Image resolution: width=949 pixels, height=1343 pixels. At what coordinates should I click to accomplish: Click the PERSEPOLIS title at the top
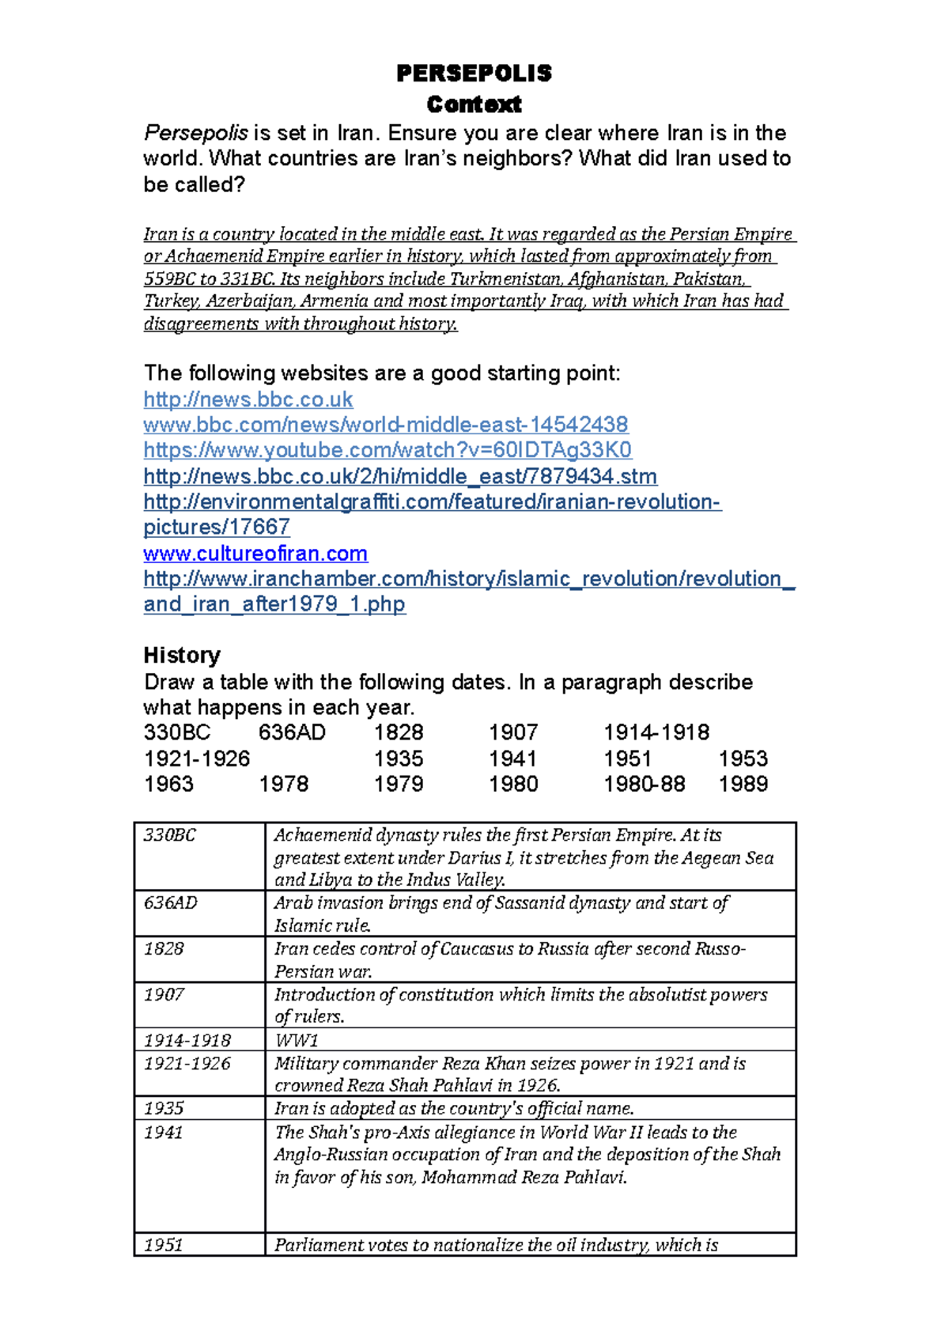pyautogui.click(x=474, y=74)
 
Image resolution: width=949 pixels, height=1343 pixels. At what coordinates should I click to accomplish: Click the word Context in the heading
pyautogui.click(x=474, y=104)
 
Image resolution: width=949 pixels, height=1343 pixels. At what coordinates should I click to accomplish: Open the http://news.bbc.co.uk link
pyautogui.click(x=248, y=399)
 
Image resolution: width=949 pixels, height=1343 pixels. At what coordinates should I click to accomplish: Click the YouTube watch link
pyautogui.click(x=388, y=450)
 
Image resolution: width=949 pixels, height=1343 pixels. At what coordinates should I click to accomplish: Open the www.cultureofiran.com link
pyautogui.click(x=255, y=553)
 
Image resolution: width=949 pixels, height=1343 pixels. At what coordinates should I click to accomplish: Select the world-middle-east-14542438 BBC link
pyautogui.click(x=385, y=425)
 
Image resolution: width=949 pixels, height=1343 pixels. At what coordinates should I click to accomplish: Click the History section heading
pyautogui.click(x=182, y=655)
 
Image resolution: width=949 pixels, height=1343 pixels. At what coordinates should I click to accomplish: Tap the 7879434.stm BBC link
pyautogui.click(x=400, y=476)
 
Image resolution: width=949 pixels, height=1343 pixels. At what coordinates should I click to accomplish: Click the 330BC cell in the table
pyautogui.click(x=170, y=835)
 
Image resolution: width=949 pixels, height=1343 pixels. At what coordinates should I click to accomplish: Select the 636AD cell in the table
pyautogui.click(x=171, y=903)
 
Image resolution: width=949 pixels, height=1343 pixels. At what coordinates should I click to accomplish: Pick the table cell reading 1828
pyautogui.click(x=164, y=948)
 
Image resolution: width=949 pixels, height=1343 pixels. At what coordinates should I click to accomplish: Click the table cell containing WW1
pyautogui.click(x=297, y=1040)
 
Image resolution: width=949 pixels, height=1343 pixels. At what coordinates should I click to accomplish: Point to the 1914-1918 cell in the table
pyautogui.click(x=187, y=1040)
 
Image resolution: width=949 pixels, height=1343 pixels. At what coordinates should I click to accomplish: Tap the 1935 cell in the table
pyautogui.click(x=164, y=1108)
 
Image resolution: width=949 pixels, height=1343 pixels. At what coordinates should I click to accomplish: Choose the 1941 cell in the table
pyautogui.click(x=164, y=1133)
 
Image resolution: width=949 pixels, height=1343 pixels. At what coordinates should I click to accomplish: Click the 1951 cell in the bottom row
pyautogui.click(x=164, y=1245)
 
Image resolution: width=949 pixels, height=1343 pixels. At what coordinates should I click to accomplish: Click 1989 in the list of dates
pyautogui.click(x=743, y=784)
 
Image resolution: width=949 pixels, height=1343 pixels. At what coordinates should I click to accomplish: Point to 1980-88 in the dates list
pyautogui.click(x=644, y=784)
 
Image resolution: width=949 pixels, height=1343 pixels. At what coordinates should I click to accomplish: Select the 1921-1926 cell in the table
pyautogui.click(x=187, y=1064)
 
